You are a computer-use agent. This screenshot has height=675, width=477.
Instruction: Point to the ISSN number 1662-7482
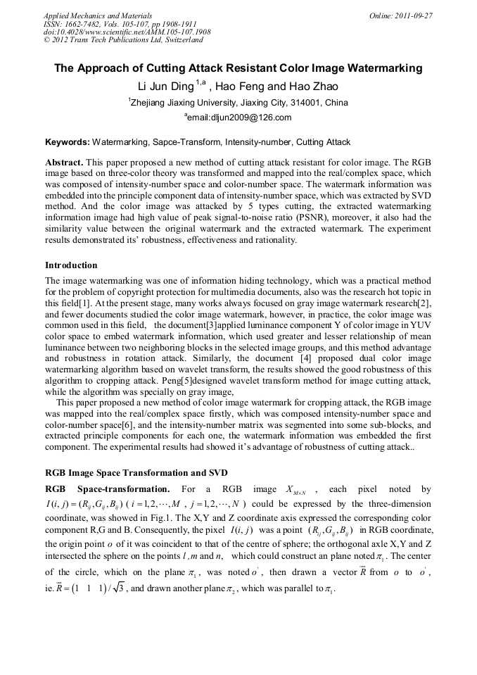click(83, 23)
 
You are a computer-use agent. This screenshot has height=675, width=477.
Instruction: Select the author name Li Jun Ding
click(164, 87)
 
